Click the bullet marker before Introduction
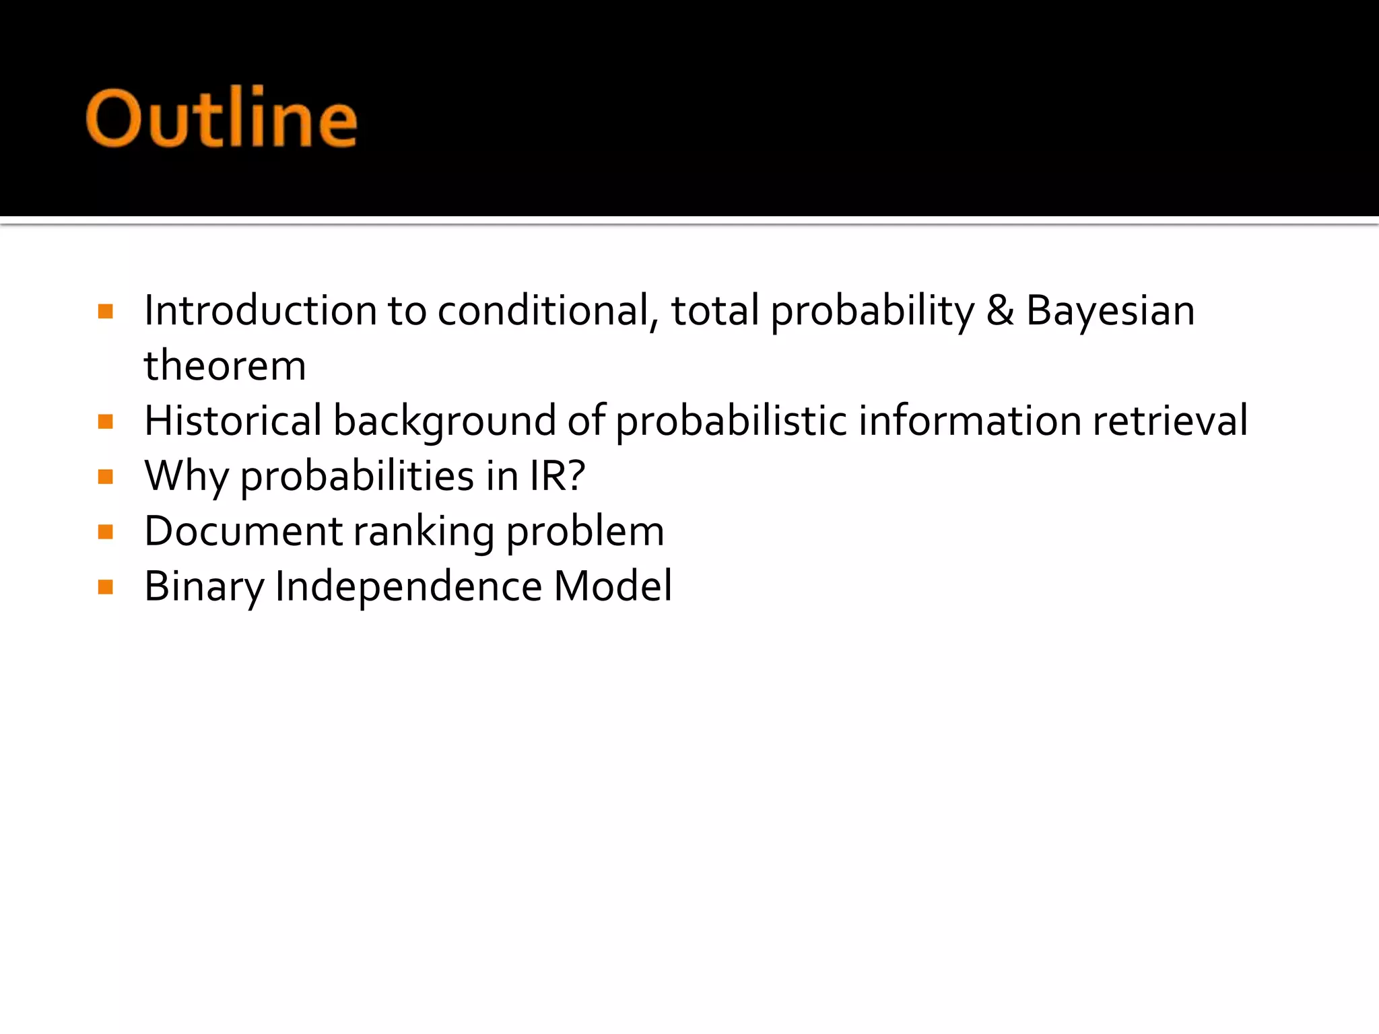(x=105, y=311)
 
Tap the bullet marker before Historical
(x=105, y=421)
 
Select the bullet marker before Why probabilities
(x=105, y=477)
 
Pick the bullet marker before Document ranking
(x=105, y=532)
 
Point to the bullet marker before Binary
(x=105, y=587)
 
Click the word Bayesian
(x=1110, y=311)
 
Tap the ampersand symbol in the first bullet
(x=1000, y=311)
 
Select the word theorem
(x=225, y=366)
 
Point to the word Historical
(x=233, y=421)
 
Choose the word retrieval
(x=1170, y=421)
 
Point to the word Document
(x=243, y=532)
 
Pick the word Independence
(x=408, y=587)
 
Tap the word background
(x=444, y=423)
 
